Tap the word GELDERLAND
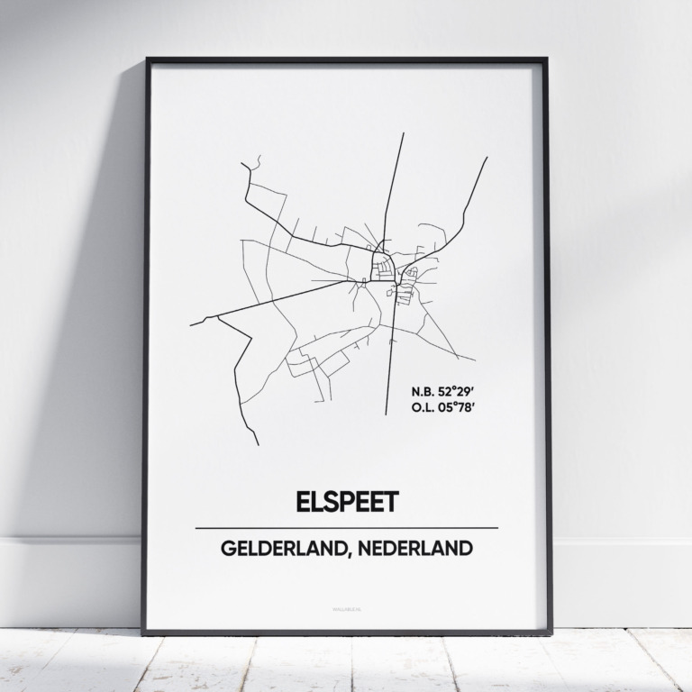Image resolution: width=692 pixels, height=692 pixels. (x=275, y=548)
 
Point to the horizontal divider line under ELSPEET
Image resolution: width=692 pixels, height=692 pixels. (x=346, y=527)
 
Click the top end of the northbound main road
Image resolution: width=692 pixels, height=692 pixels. (x=403, y=133)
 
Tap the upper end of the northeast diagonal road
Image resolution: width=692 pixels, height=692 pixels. (x=487, y=159)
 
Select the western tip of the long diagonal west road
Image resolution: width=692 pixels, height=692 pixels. (x=190, y=323)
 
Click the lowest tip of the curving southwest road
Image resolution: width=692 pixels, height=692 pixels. (x=258, y=444)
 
